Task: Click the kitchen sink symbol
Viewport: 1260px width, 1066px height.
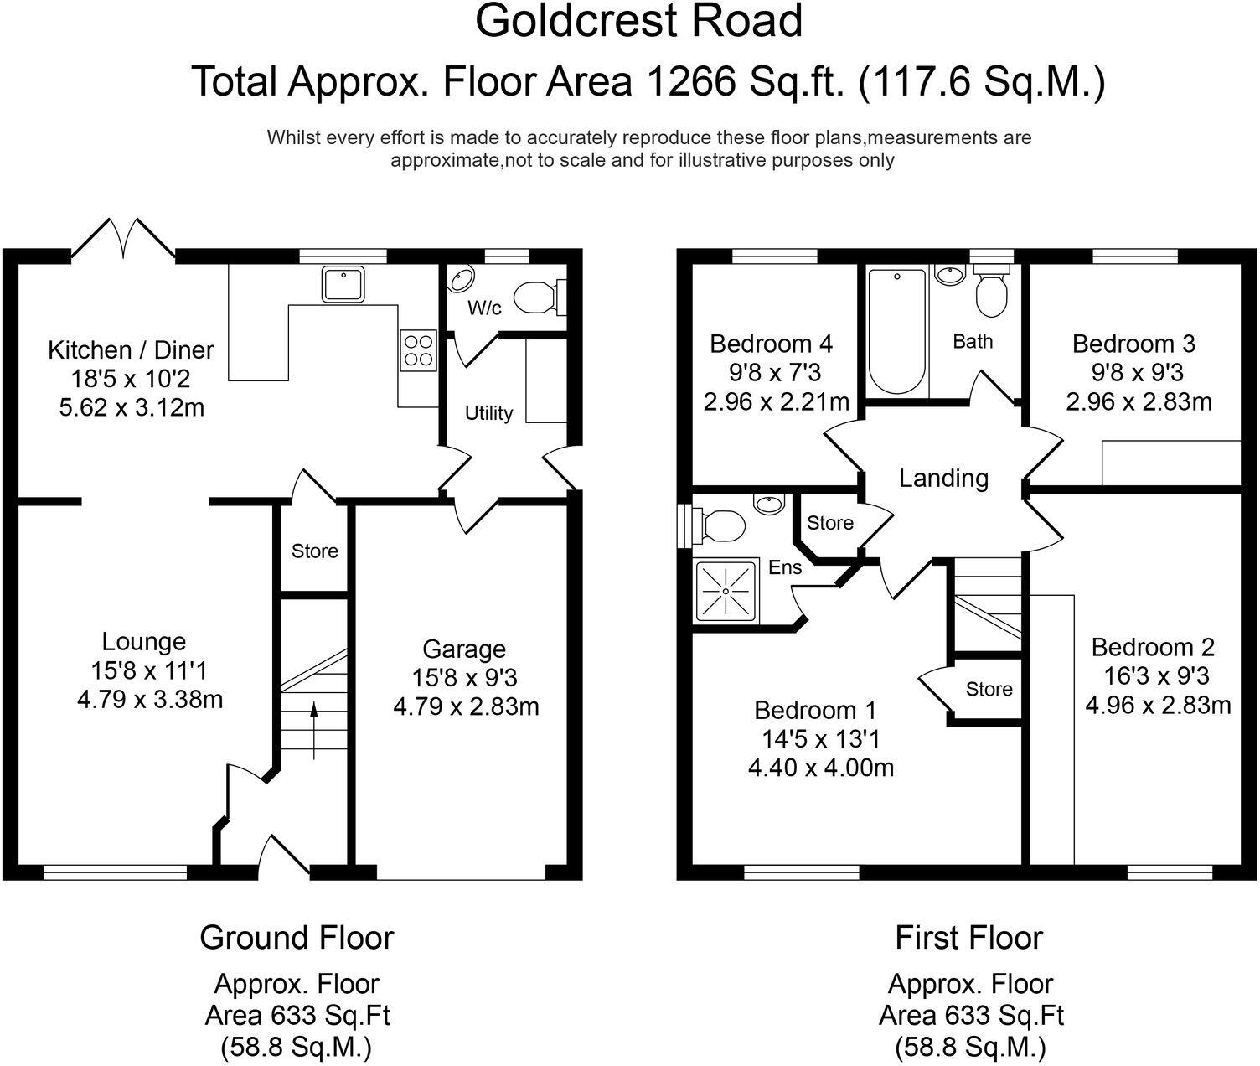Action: [342, 284]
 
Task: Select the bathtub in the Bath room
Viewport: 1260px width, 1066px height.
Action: [897, 332]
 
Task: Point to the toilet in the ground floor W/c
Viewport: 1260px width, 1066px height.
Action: [536, 297]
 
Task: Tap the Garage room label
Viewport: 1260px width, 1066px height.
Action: [464, 649]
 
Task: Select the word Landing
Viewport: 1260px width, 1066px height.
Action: [943, 479]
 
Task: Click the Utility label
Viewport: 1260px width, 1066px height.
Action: [488, 413]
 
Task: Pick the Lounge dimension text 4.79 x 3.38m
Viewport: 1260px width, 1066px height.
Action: [150, 699]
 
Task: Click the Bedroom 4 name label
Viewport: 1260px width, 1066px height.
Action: [771, 344]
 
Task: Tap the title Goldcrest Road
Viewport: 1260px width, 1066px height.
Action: [639, 21]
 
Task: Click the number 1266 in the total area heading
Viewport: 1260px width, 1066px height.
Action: [695, 81]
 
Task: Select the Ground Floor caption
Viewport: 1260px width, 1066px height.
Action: [297, 937]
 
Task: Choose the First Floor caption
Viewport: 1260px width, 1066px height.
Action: [968, 937]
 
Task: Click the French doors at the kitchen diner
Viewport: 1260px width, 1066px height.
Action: [124, 237]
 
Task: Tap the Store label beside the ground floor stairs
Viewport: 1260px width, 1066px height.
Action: [315, 551]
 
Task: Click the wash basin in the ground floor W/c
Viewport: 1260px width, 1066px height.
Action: [461, 279]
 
